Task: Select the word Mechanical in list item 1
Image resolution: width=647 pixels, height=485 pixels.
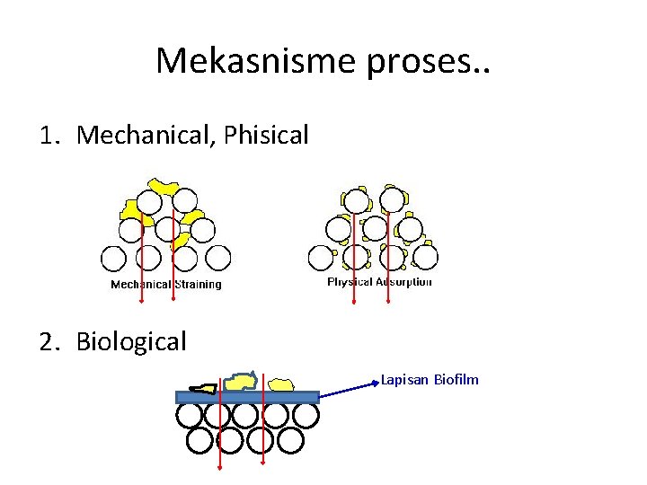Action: pyautogui.click(x=144, y=136)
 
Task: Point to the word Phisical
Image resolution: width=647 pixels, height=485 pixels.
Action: pyautogui.click(x=267, y=136)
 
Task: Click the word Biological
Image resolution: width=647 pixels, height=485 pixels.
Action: pyautogui.click(x=131, y=341)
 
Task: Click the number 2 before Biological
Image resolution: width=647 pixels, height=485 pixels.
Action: pyautogui.click(x=47, y=341)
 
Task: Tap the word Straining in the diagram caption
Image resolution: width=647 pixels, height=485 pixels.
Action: pyautogui.click(x=197, y=285)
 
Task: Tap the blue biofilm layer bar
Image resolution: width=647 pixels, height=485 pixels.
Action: pyautogui.click(x=247, y=396)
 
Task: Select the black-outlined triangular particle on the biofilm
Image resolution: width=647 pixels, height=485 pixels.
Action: pyautogui.click(x=204, y=388)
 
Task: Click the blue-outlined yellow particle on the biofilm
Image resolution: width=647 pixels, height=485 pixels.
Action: pyautogui.click(x=241, y=382)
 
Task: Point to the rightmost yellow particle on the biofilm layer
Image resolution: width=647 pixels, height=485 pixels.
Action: pyautogui.click(x=282, y=384)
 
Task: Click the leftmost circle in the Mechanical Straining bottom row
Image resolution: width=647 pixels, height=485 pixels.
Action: pyautogui.click(x=114, y=259)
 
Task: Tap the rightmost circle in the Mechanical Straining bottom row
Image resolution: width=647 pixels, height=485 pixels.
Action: pyautogui.click(x=217, y=259)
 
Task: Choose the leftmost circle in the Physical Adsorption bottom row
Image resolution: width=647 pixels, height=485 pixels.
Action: pyautogui.click(x=321, y=258)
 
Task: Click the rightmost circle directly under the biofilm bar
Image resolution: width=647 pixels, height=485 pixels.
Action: pyautogui.click(x=306, y=415)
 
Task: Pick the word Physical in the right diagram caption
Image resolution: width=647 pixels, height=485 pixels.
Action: pyautogui.click(x=350, y=282)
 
